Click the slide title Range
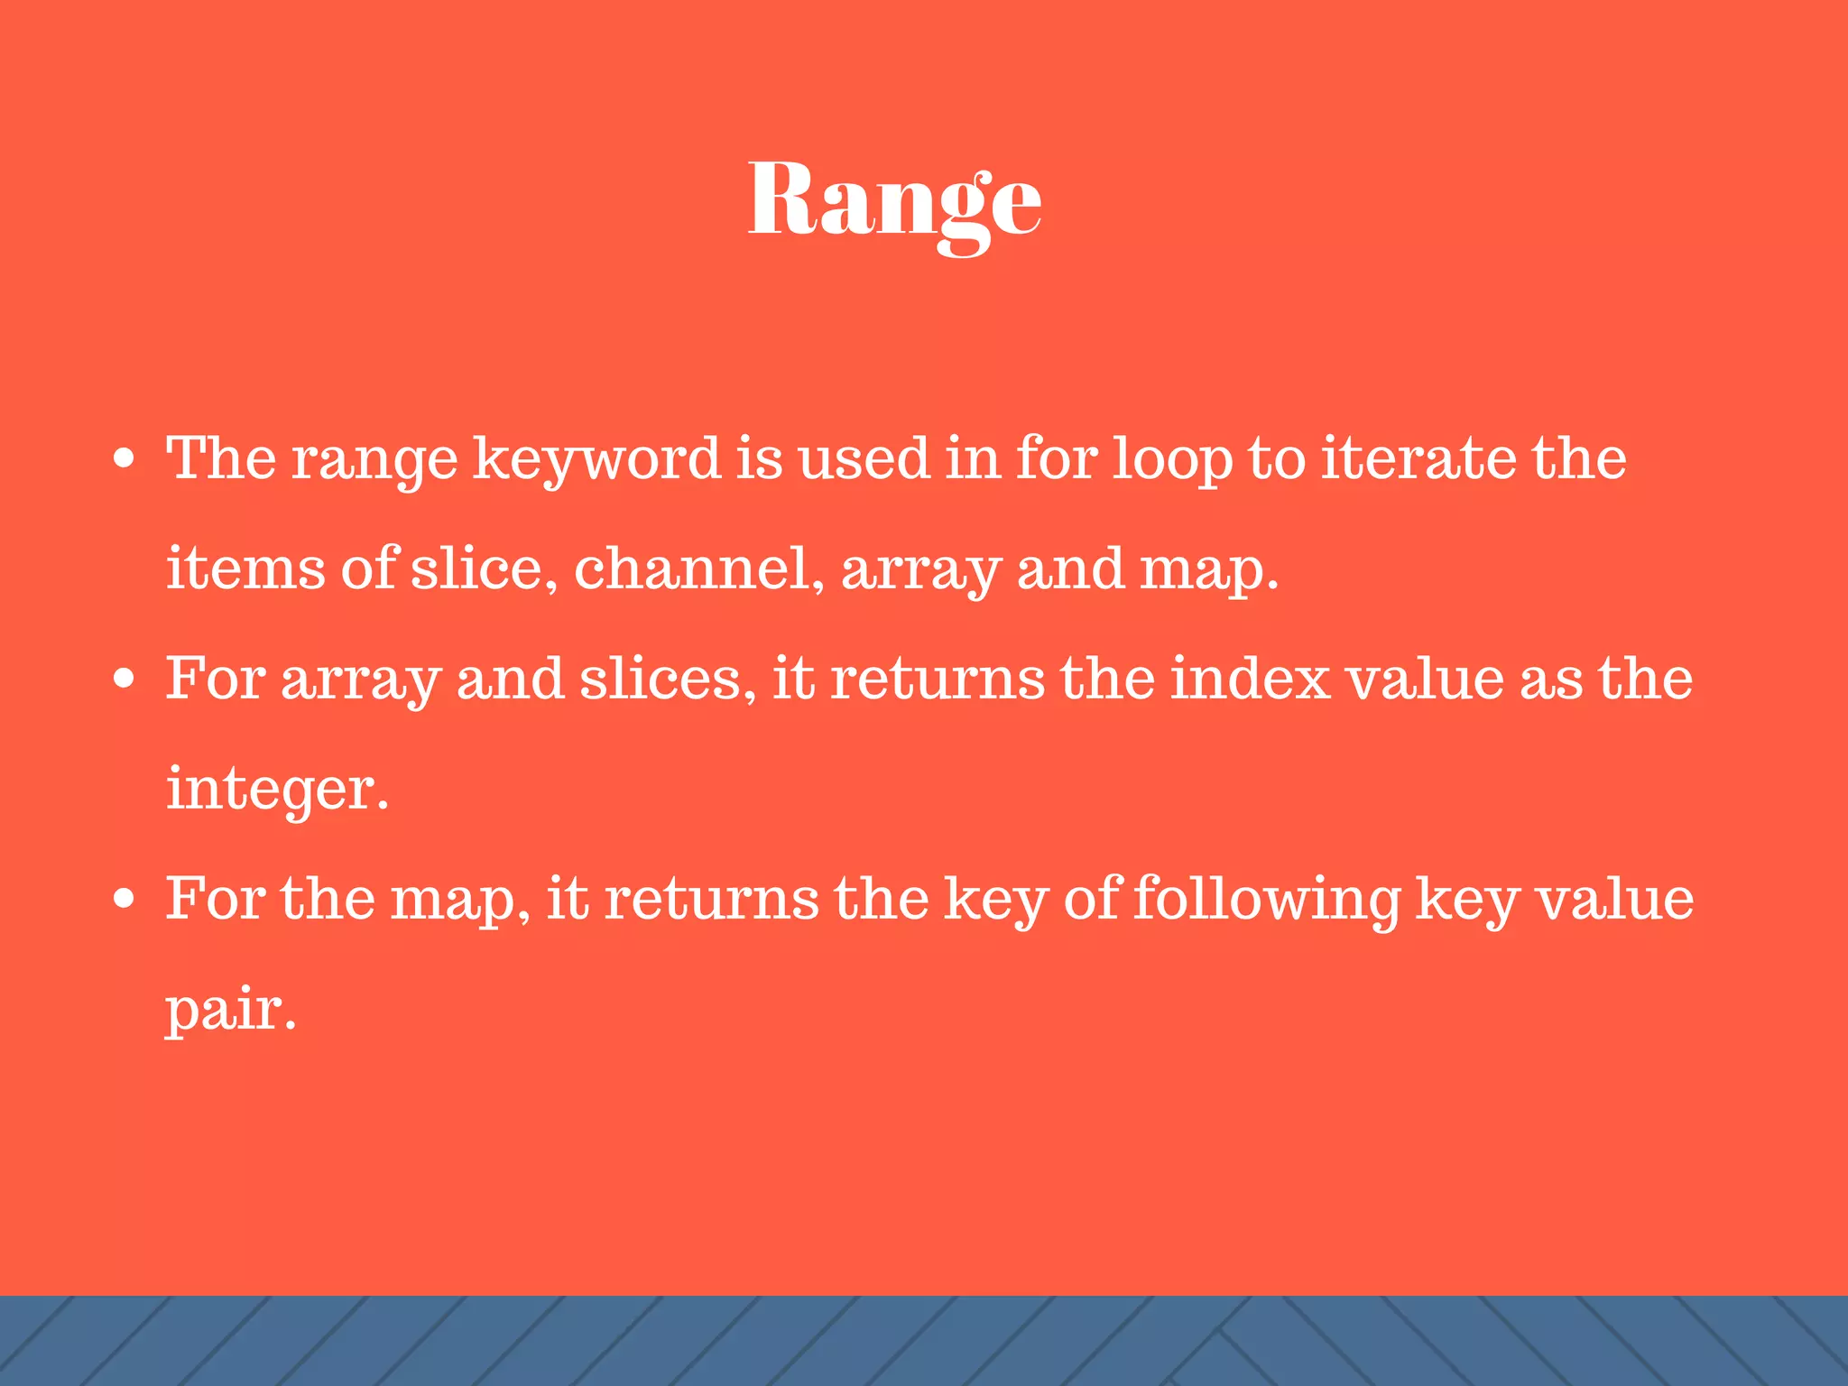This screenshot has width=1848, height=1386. pos(894,200)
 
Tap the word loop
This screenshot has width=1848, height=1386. pos(1172,459)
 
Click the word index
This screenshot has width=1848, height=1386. pos(1250,679)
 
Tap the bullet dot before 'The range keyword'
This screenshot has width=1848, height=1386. pos(125,459)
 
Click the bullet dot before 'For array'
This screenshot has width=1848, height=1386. pos(125,679)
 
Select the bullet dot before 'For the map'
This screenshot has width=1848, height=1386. pos(125,899)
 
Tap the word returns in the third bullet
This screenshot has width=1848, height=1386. pos(711,899)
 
